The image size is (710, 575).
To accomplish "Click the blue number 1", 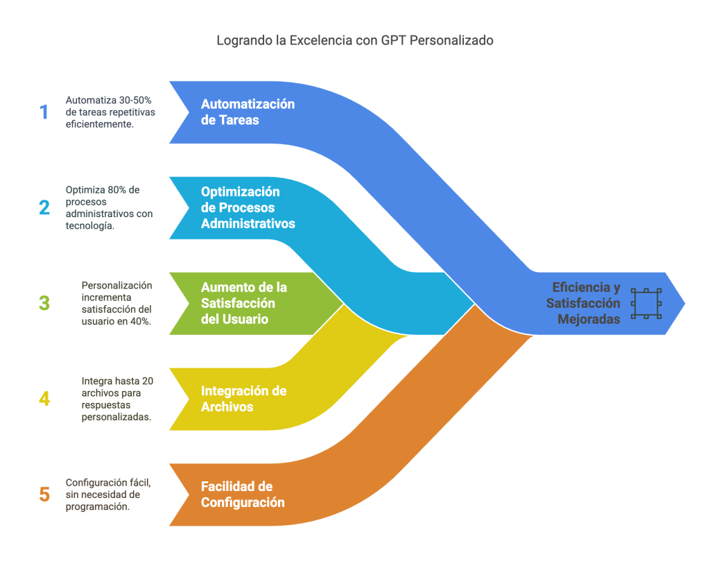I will pyautogui.click(x=44, y=112).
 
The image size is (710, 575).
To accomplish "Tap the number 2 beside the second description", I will pyautogui.click(x=44, y=207).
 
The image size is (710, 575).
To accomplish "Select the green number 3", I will pyautogui.click(x=44, y=303).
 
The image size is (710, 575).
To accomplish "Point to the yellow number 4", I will pyautogui.click(x=44, y=399).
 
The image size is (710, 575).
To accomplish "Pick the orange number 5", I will pyautogui.click(x=44, y=494).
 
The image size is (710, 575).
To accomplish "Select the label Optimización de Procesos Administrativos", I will pyautogui.click(x=248, y=207).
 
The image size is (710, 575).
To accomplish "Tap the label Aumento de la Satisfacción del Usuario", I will pyautogui.click(x=243, y=303).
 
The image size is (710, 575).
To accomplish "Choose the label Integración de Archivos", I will pyautogui.click(x=243, y=399).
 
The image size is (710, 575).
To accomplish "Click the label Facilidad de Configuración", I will pyautogui.click(x=243, y=494).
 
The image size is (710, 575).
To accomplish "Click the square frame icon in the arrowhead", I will pyautogui.click(x=646, y=303).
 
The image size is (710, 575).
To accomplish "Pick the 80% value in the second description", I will pyautogui.click(x=120, y=189).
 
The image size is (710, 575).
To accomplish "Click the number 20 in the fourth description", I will pyautogui.click(x=147, y=381).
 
